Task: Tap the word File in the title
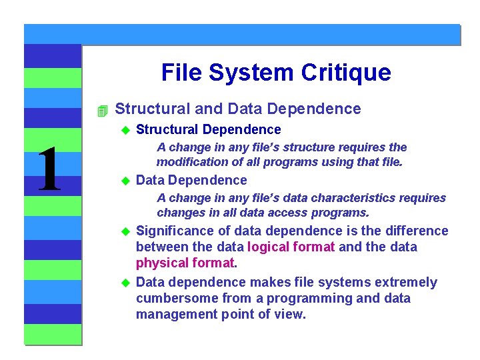coord(181,72)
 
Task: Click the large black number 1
coord(49,171)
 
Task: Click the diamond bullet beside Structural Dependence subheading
coord(123,130)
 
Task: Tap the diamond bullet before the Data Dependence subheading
coord(123,181)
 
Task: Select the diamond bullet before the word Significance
coord(123,231)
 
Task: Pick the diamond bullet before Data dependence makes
coord(123,283)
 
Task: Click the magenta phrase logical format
coord(290,247)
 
